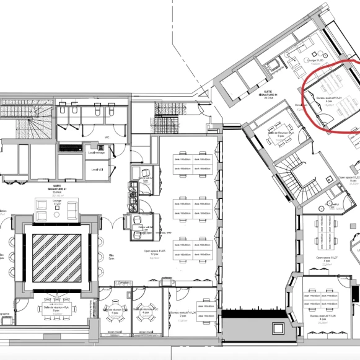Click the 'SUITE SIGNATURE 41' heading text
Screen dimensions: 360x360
point(57,188)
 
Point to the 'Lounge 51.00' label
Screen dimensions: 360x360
point(316,61)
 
